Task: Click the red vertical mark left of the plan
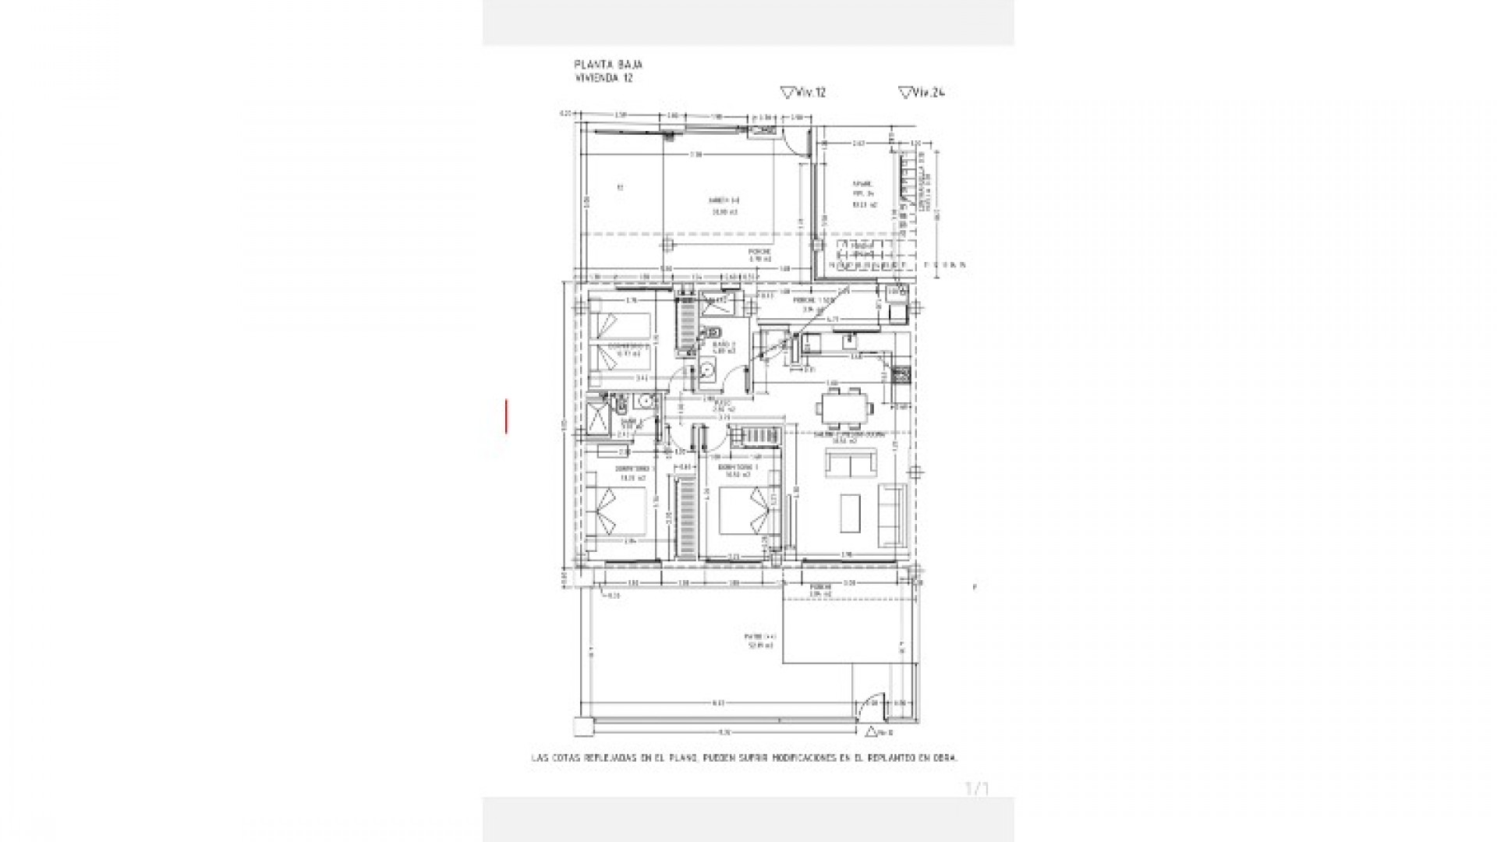pyautogui.click(x=507, y=416)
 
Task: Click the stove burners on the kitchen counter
pyautogui.click(x=901, y=375)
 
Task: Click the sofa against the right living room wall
pyautogui.click(x=892, y=515)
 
